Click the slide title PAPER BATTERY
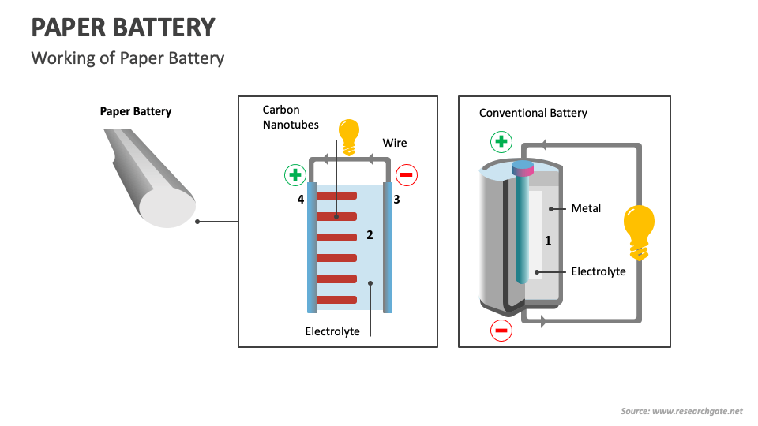click(122, 28)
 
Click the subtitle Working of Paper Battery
click(127, 58)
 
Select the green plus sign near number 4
click(295, 175)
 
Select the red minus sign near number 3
click(406, 175)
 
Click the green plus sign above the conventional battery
click(501, 142)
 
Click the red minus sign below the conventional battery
click(501, 330)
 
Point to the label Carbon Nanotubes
click(291, 117)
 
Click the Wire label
click(395, 143)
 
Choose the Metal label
click(586, 208)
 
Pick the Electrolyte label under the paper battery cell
click(332, 331)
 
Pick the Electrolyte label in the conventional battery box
click(598, 271)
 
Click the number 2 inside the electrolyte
click(370, 235)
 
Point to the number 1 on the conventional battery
click(548, 241)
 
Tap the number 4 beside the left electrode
click(301, 200)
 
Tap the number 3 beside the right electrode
click(396, 200)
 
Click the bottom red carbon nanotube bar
click(337, 299)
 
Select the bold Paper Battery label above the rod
click(136, 111)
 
